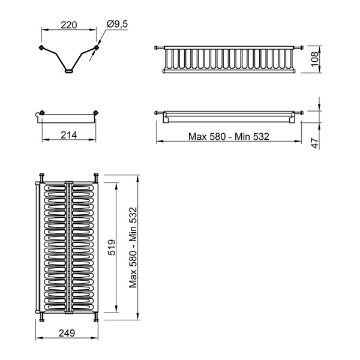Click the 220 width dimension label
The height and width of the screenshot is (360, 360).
click(x=69, y=25)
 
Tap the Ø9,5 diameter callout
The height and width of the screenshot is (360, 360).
click(x=117, y=24)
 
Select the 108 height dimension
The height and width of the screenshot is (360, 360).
click(x=315, y=59)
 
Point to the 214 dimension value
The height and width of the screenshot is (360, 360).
click(x=69, y=135)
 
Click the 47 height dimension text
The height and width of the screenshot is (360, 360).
click(x=315, y=143)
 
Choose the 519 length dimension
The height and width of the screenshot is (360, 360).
click(x=112, y=247)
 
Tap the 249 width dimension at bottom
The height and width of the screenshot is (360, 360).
click(x=67, y=333)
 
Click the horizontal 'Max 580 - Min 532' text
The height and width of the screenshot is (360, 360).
click(x=229, y=137)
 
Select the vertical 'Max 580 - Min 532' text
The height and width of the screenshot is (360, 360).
click(x=133, y=247)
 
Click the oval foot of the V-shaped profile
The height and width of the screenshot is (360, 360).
click(x=68, y=71)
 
